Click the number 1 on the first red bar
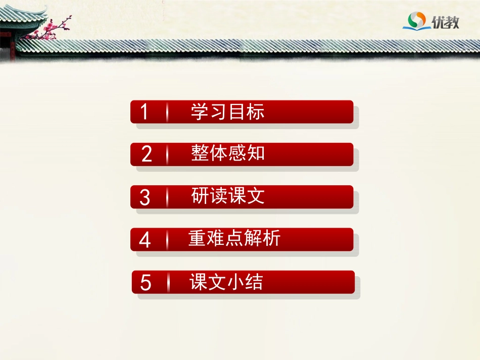[145, 112]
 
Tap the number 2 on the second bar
[147, 155]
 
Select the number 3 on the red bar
[145, 197]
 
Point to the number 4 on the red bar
[145, 240]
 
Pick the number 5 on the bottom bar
[146, 283]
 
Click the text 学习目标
[227, 112]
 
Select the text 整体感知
[228, 153]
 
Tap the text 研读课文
[228, 196]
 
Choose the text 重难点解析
[234, 238]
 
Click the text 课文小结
[226, 282]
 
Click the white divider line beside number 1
[167, 112]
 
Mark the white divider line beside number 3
[167, 197]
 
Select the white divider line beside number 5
[168, 283]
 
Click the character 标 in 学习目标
[256, 112]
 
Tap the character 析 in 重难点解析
[272, 238]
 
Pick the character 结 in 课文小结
[254, 282]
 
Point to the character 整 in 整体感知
[200, 153]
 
